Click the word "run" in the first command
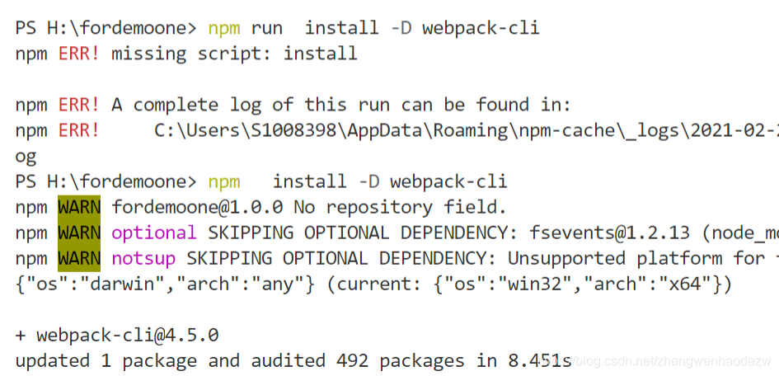267,28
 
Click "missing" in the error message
148,53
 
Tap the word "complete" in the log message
176,105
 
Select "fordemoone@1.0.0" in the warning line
197,207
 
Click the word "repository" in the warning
379,208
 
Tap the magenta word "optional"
154,233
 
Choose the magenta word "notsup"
143,258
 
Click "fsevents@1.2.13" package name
609,233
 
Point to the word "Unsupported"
566,258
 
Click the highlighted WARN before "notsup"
79,258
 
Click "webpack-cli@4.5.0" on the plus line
128,336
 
